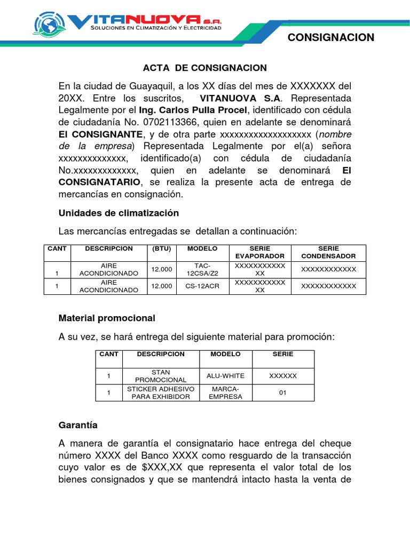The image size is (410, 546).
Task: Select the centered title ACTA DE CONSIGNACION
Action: pyautogui.click(x=204, y=68)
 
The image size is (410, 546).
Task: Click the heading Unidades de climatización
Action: pyautogui.click(x=119, y=213)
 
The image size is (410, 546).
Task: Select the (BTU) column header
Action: pyautogui.click(x=162, y=249)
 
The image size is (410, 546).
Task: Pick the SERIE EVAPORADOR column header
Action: pyautogui.click(x=260, y=252)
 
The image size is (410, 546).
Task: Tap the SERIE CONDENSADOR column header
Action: pyautogui.click(x=328, y=252)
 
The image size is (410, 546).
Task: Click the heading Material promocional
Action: pyautogui.click(x=107, y=318)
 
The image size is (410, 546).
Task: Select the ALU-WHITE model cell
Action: pyautogui.click(x=225, y=376)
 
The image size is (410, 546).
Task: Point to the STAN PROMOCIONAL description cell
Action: pyautogui.click(x=161, y=376)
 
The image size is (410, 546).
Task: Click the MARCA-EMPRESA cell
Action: pyautogui.click(x=225, y=393)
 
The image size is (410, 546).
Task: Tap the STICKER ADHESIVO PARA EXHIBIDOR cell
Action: pyautogui.click(x=161, y=393)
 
